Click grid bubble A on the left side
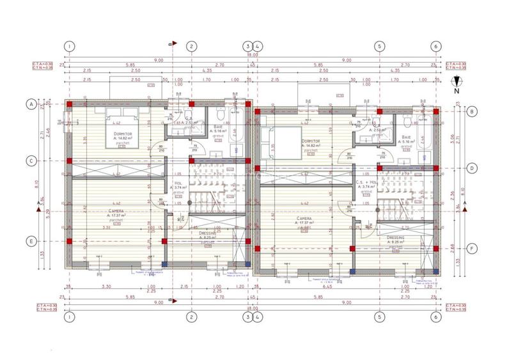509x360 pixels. pos(30,103)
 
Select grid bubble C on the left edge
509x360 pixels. pos(30,160)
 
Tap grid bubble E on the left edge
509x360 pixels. pos(30,241)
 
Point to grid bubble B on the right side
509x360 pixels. pos(471,111)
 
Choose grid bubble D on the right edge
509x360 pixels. pos(471,168)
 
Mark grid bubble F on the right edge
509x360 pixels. pos(471,249)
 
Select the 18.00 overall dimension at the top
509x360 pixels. pos(253,55)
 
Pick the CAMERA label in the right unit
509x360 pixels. pos(304,218)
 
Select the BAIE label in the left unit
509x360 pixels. pos(218,127)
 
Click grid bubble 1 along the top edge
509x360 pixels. pos(70,45)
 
